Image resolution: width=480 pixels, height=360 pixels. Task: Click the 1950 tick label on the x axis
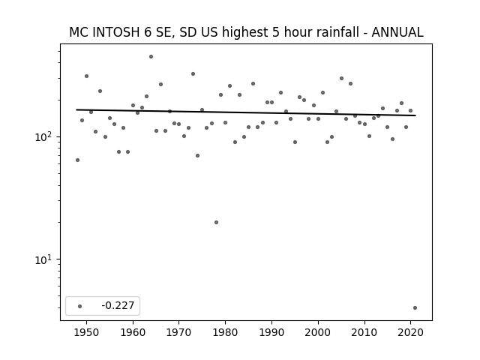pyautogui.click(x=86, y=332)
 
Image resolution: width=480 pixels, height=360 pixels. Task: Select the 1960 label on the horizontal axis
pyautogui.click(x=133, y=332)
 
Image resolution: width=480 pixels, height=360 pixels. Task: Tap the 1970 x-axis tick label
pyautogui.click(x=178, y=332)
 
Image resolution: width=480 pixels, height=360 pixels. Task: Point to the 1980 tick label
pyautogui.click(x=225, y=332)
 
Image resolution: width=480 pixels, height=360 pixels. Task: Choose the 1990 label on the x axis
pyautogui.click(x=271, y=332)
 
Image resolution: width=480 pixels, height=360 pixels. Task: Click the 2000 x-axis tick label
pyautogui.click(x=318, y=332)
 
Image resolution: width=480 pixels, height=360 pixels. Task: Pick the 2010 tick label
pyautogui.click(x=364, y=332)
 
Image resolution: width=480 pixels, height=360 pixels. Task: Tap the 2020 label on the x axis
pyautogui.click(x=410, y=332)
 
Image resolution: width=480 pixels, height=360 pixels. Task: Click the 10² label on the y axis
pyautogui.click(x=43, y=136)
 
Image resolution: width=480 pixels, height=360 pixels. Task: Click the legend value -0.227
pyautogui.click(x=118, y=305)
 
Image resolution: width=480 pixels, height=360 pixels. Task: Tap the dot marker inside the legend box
pyautogui.click(x=79, y=306)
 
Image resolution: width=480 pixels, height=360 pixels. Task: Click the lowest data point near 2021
pyautogui.click(x=415, y=308)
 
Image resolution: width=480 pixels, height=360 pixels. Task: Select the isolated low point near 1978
pyautogui.click(x=216, y=222)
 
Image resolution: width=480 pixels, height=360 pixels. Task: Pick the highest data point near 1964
pyautogui.click(x=151, y=57)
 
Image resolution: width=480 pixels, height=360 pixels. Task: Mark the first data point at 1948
pyautogui.click(x=77, y=160)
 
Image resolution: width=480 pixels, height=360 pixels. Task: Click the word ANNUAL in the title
pyautogui.click(x=397, y=32)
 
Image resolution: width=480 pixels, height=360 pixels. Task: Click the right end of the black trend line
pyautogui.click(x=415, y=115)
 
